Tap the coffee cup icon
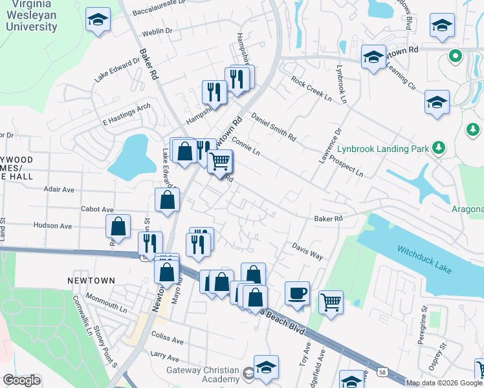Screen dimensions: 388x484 tap(297, 294)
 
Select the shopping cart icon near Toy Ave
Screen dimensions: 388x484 tap(331, 301)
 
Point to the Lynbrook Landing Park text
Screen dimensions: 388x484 tap(382, 149)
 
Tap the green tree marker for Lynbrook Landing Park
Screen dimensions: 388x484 tap(439, 148)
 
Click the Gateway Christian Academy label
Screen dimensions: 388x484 tap(202, 374)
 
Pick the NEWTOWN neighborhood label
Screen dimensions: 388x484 tap(91, 281)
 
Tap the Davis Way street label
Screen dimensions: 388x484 tap(307, 252)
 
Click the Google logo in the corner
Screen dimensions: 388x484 tap(21, 380)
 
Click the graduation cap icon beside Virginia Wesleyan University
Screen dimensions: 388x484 tap(98, 21)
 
